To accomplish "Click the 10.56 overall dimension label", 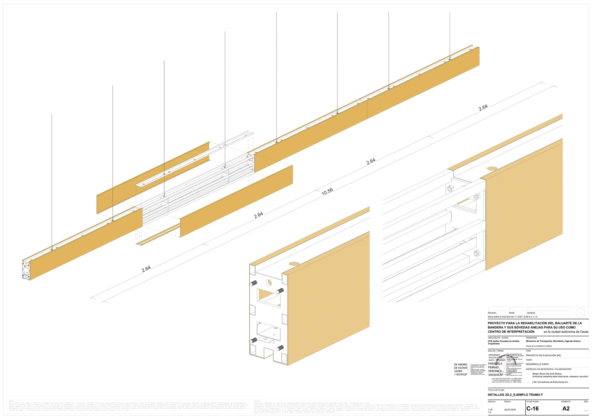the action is tap(327, 191).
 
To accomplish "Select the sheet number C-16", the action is tap(532, 408).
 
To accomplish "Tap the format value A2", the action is tap(566, 408).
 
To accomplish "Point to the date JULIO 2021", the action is tap(510, 410).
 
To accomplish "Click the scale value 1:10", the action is tap(490, 410).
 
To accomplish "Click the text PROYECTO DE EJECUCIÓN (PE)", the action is tap(543, 355).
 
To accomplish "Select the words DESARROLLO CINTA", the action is tap(537, 364).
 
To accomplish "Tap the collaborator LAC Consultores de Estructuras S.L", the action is tap(550, 382).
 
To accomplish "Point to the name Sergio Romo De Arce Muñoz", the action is tap(547, 373).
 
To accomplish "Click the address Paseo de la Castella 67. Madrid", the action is tap(539, 346).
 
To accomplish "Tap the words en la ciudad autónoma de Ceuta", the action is tap(566, 332).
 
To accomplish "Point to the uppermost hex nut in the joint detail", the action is tap(449, 189).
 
